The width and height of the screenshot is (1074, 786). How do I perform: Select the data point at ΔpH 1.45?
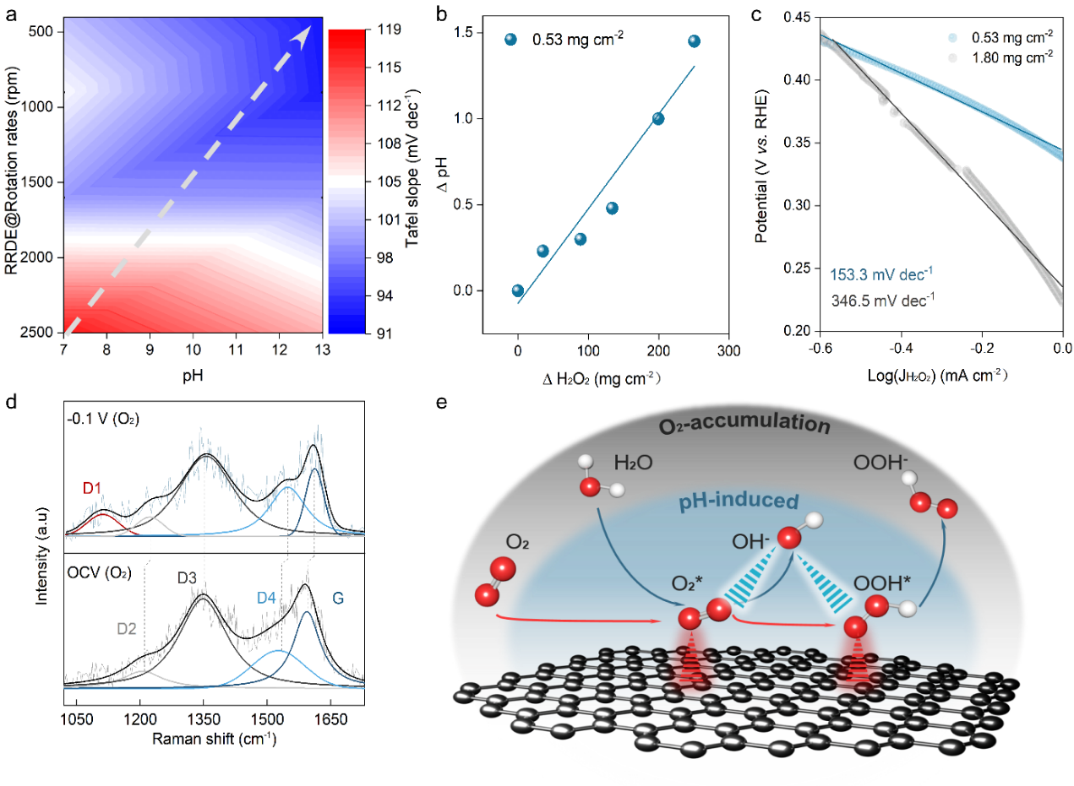(x=694, y=41)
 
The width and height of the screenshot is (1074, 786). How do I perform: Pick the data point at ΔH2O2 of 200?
(x=658, y=119)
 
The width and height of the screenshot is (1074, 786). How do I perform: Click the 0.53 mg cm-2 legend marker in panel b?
(x=510, y=39)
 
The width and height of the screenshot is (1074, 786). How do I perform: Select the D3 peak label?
(x=188, y=577)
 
